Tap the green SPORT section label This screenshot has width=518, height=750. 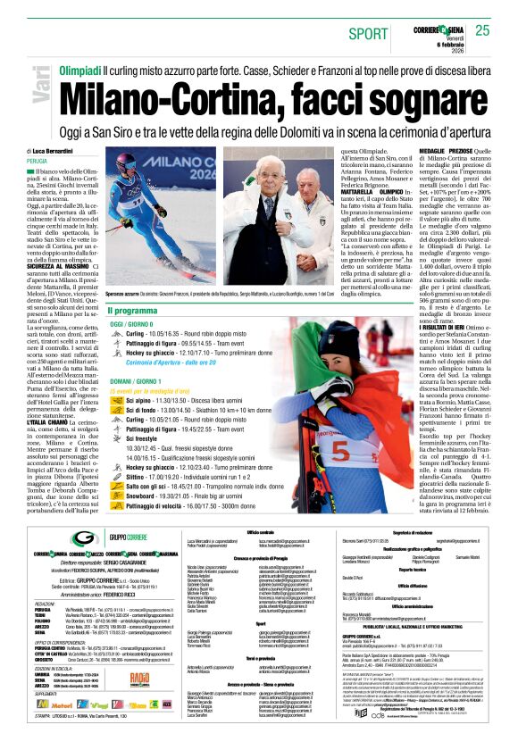pyautogui.click(x=369, y=33)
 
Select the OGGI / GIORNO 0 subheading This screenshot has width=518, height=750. pyautogui.click(x=137, y=325)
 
